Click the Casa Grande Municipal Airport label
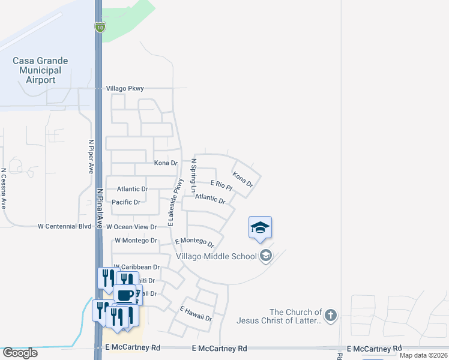coord(41,70)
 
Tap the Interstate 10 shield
coord(99,26)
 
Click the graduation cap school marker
coord(260,227)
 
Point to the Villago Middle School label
coord(216,257)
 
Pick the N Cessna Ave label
coord(3,188)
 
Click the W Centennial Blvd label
coord(64,227)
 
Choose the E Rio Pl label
coord(221,185)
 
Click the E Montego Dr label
coord(194,242)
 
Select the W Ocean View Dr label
coord(131,227)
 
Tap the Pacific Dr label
coord(126,202)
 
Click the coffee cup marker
coord(125,295)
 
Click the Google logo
coord(19,353)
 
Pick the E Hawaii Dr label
coord(196,314)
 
